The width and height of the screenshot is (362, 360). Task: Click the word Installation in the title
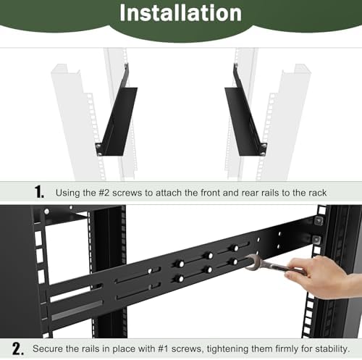(180, 12)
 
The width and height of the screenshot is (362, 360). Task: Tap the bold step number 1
(39, 192)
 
